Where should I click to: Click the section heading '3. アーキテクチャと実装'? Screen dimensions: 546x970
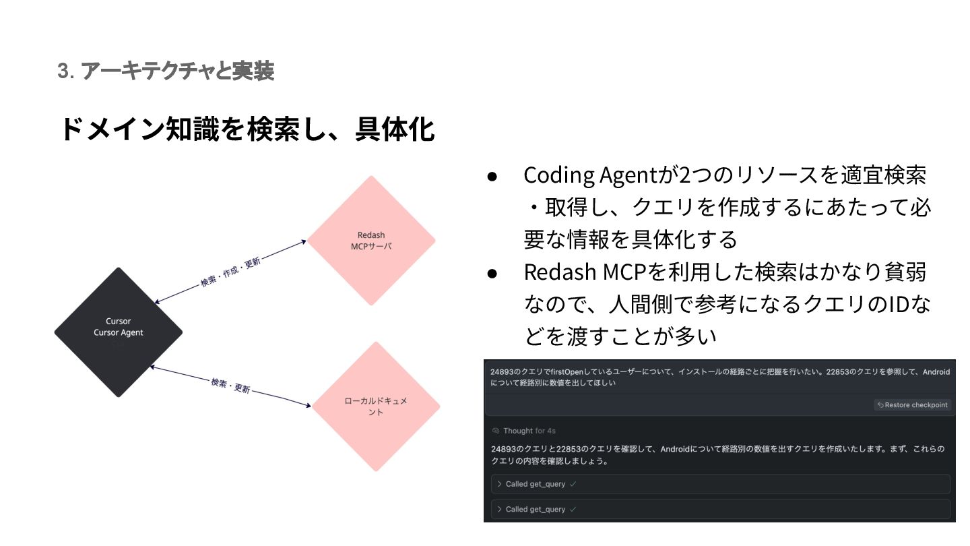[166, 71]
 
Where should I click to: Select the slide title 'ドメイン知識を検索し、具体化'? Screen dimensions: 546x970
[247, 129]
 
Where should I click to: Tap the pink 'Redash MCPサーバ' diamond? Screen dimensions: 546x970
[371, 241]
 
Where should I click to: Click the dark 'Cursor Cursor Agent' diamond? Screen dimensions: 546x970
[119, 332]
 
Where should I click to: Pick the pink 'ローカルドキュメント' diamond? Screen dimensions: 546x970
[375, 406]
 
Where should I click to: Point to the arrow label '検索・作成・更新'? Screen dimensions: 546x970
[230, 272]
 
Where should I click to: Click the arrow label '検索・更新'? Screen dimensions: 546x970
[230, 386]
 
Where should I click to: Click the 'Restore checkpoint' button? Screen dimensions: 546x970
[913, 405]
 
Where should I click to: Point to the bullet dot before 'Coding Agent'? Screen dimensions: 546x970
[492, 176]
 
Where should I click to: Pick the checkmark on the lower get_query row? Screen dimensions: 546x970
[573, 510]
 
